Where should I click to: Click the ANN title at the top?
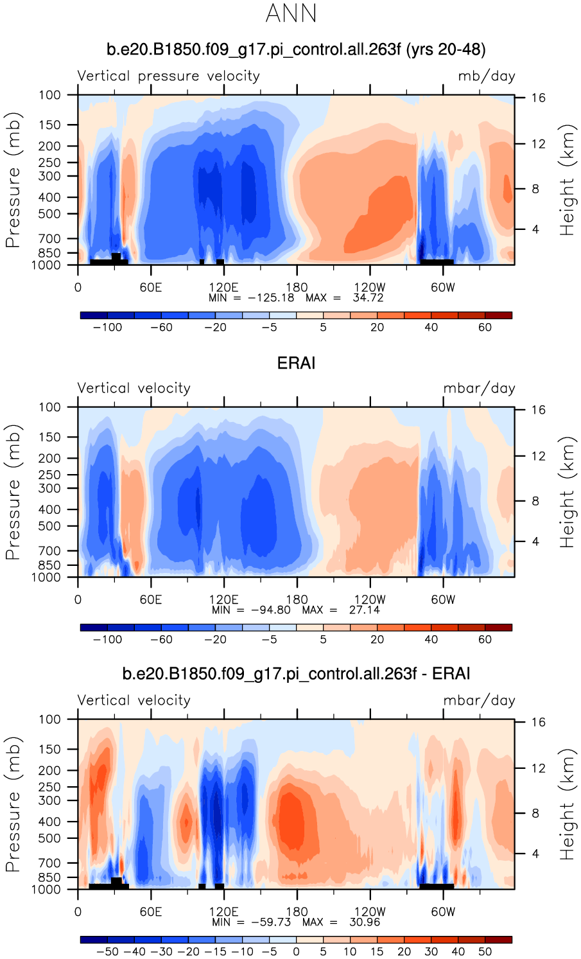click(291, 13)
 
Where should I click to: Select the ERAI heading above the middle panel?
click(296, 363)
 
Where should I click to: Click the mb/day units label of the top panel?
click(487, 76)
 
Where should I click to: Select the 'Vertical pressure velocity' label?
click(168, 76)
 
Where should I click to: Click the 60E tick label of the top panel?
click(151, 287)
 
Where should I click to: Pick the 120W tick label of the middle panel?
click(370, 599)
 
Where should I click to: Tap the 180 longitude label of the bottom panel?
click(297, 911)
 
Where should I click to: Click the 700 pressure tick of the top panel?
click(49, 238)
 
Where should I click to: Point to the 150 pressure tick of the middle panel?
click(49, 437)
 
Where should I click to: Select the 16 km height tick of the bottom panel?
click(538, 722)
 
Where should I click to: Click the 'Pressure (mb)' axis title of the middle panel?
click(13, 492)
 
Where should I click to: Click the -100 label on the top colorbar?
click(107, 327)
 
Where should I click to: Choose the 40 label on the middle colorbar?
click(431, 639)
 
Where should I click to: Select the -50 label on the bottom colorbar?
click(107, 951)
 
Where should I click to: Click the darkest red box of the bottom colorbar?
click(498, 939)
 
